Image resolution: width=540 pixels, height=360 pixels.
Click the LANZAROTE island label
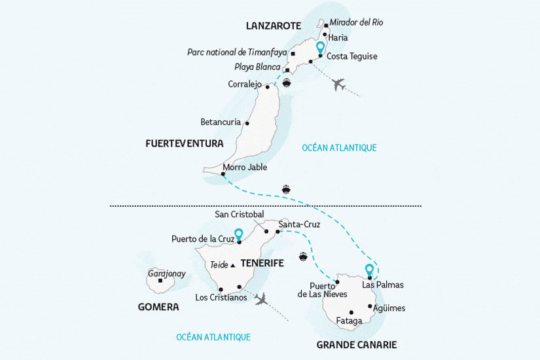pos(273,26)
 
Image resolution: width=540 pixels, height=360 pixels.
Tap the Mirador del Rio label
pos(356,22)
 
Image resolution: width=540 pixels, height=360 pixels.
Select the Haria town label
pos(338,37)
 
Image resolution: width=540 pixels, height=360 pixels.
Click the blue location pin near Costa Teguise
pos(320,48)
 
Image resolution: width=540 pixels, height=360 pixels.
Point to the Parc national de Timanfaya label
pos(236,52)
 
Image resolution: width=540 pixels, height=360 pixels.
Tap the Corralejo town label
pos(245,84)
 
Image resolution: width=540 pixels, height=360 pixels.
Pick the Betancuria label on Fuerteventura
pos(221,122)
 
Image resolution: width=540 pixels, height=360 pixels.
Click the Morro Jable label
pos(245,167)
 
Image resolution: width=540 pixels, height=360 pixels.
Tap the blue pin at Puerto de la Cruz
pos(239,234)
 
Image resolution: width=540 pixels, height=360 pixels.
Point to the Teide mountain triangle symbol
pos(232,265)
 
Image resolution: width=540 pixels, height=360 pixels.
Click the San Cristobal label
pos(239,215)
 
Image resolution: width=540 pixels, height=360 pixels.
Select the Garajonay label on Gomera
pos(166,273)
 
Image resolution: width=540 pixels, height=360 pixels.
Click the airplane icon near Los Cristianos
pos(262,299)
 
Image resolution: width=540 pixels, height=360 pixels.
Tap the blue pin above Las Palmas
pos(369,270)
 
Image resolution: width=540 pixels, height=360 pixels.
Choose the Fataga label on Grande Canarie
pos(349,321)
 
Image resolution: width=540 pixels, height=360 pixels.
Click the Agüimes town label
pos(389,308)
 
